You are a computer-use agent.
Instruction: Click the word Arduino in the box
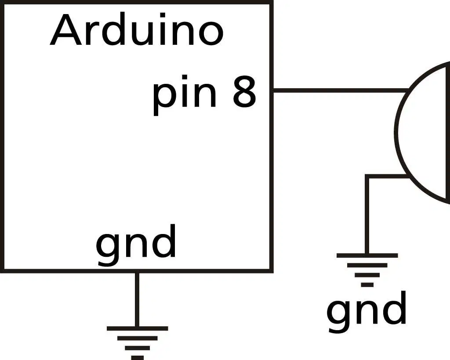point(137,29)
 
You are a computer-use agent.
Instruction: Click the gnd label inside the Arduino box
point(135,245)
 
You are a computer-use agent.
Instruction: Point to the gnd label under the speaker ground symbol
point(367,313)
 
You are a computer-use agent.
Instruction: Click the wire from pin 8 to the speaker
point(341,90)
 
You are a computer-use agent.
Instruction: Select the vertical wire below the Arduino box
point(137,299)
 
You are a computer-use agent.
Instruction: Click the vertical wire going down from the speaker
point(367,216)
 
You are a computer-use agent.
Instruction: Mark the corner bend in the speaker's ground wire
point(367,176)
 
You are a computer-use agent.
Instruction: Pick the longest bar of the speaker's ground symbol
point(367,256)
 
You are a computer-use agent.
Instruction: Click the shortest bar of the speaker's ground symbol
point(367,284)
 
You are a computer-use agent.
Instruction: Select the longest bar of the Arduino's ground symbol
point(137,328)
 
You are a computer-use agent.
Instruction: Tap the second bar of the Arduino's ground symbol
point(137,338)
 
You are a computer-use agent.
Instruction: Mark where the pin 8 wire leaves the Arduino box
point(273,90)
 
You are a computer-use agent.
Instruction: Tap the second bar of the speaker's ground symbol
point(367,265)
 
